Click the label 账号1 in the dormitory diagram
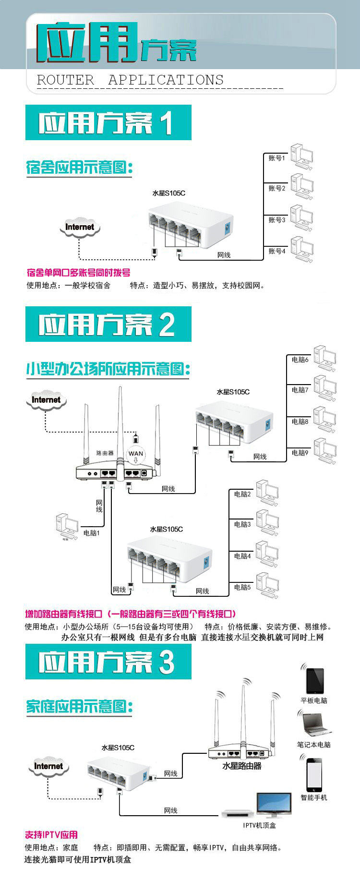(276, 158)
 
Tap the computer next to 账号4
(302, 250)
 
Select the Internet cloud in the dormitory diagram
(80, 228)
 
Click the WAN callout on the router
(136, 454)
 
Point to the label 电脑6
(300, 359)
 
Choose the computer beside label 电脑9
(325, 451)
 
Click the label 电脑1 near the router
(91, 533)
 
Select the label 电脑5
(242, 587)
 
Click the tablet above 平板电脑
(315, 680)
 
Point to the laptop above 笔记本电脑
(315, 725)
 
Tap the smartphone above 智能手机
(315, 773)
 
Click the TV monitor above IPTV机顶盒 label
(274, 804)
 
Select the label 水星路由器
(242, 766)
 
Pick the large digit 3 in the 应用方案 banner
(167, 662)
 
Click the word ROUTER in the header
(66, 80)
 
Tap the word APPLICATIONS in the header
(166, 80)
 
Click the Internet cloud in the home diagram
(48, 767)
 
